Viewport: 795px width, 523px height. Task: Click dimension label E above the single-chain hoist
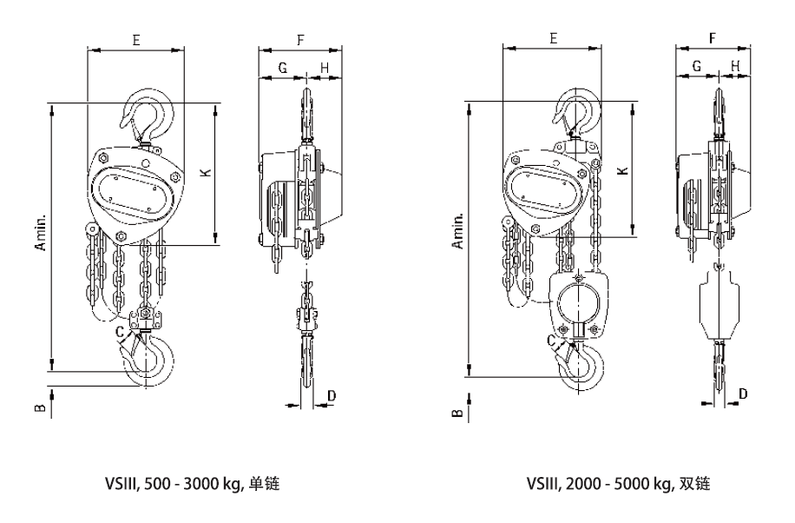tap(135, 39)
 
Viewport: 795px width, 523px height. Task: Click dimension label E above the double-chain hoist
tap(553, 39)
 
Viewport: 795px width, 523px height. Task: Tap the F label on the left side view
tap(299, 40)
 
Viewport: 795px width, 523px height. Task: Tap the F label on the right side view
tap(712, 39)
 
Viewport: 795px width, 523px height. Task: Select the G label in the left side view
tap(282, 67)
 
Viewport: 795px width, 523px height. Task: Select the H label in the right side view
tap(734, 66)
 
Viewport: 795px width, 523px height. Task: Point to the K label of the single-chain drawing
tap(205, 173)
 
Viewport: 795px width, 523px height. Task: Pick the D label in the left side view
tap(332, 396)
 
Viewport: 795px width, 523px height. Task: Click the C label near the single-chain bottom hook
tap(119, 330)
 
